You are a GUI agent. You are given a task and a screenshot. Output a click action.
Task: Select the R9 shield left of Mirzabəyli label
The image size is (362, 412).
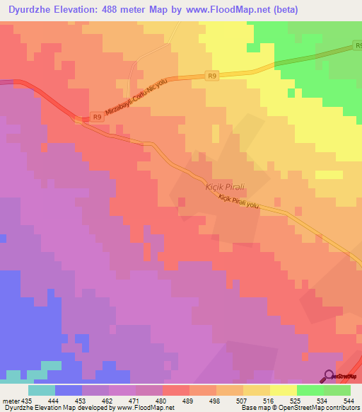(x=98, y=118)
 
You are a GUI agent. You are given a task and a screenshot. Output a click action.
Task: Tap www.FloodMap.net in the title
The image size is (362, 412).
(x=227, y=9)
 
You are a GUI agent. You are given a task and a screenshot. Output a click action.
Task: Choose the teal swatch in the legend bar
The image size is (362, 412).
(x=42, y=390)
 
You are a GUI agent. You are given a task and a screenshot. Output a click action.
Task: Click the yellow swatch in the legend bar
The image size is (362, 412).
(x=284, y=390)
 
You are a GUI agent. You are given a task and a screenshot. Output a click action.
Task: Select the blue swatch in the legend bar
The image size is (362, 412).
(x=69, y=390)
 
